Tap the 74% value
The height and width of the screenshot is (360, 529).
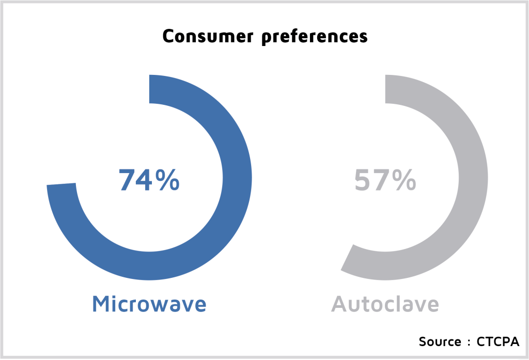tap(149, 180)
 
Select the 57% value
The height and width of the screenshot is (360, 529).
tap(385, 180)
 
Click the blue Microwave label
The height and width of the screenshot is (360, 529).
tap(149, 304)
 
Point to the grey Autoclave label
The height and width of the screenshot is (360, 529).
tap(385, 304)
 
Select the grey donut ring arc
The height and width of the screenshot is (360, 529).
tap(473, 178)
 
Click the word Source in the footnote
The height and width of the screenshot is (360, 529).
tap(440, 341)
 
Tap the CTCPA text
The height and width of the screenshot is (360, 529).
tap(497, 341)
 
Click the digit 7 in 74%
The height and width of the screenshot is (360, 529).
tap(127, 180)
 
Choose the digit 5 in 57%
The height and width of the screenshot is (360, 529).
tap(363, 180)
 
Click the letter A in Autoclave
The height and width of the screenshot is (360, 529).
tap(339, 304)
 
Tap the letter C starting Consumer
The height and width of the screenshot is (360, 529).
tap(169, 36)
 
